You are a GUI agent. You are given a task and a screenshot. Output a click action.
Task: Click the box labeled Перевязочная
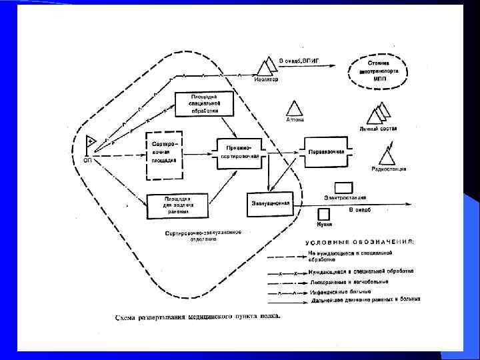coord(327,151)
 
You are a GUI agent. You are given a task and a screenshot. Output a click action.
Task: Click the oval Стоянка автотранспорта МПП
coord(377,70)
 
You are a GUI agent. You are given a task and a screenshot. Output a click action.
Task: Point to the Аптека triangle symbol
coord(294,109)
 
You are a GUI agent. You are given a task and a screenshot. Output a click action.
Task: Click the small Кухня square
coord(324,214)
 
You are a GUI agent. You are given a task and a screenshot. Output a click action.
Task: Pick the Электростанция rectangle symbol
coord(343,187)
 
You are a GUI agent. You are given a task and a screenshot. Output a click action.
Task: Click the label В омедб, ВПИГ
coord(299,61)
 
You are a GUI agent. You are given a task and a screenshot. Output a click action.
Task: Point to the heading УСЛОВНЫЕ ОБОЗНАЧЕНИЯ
coord(360,242)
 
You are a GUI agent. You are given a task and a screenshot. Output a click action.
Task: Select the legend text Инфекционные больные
coord(341,291)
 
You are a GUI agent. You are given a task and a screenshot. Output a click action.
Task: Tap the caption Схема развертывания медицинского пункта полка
coord(197,315)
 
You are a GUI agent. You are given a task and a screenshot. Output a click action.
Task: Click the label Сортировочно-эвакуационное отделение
coord(203,235)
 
